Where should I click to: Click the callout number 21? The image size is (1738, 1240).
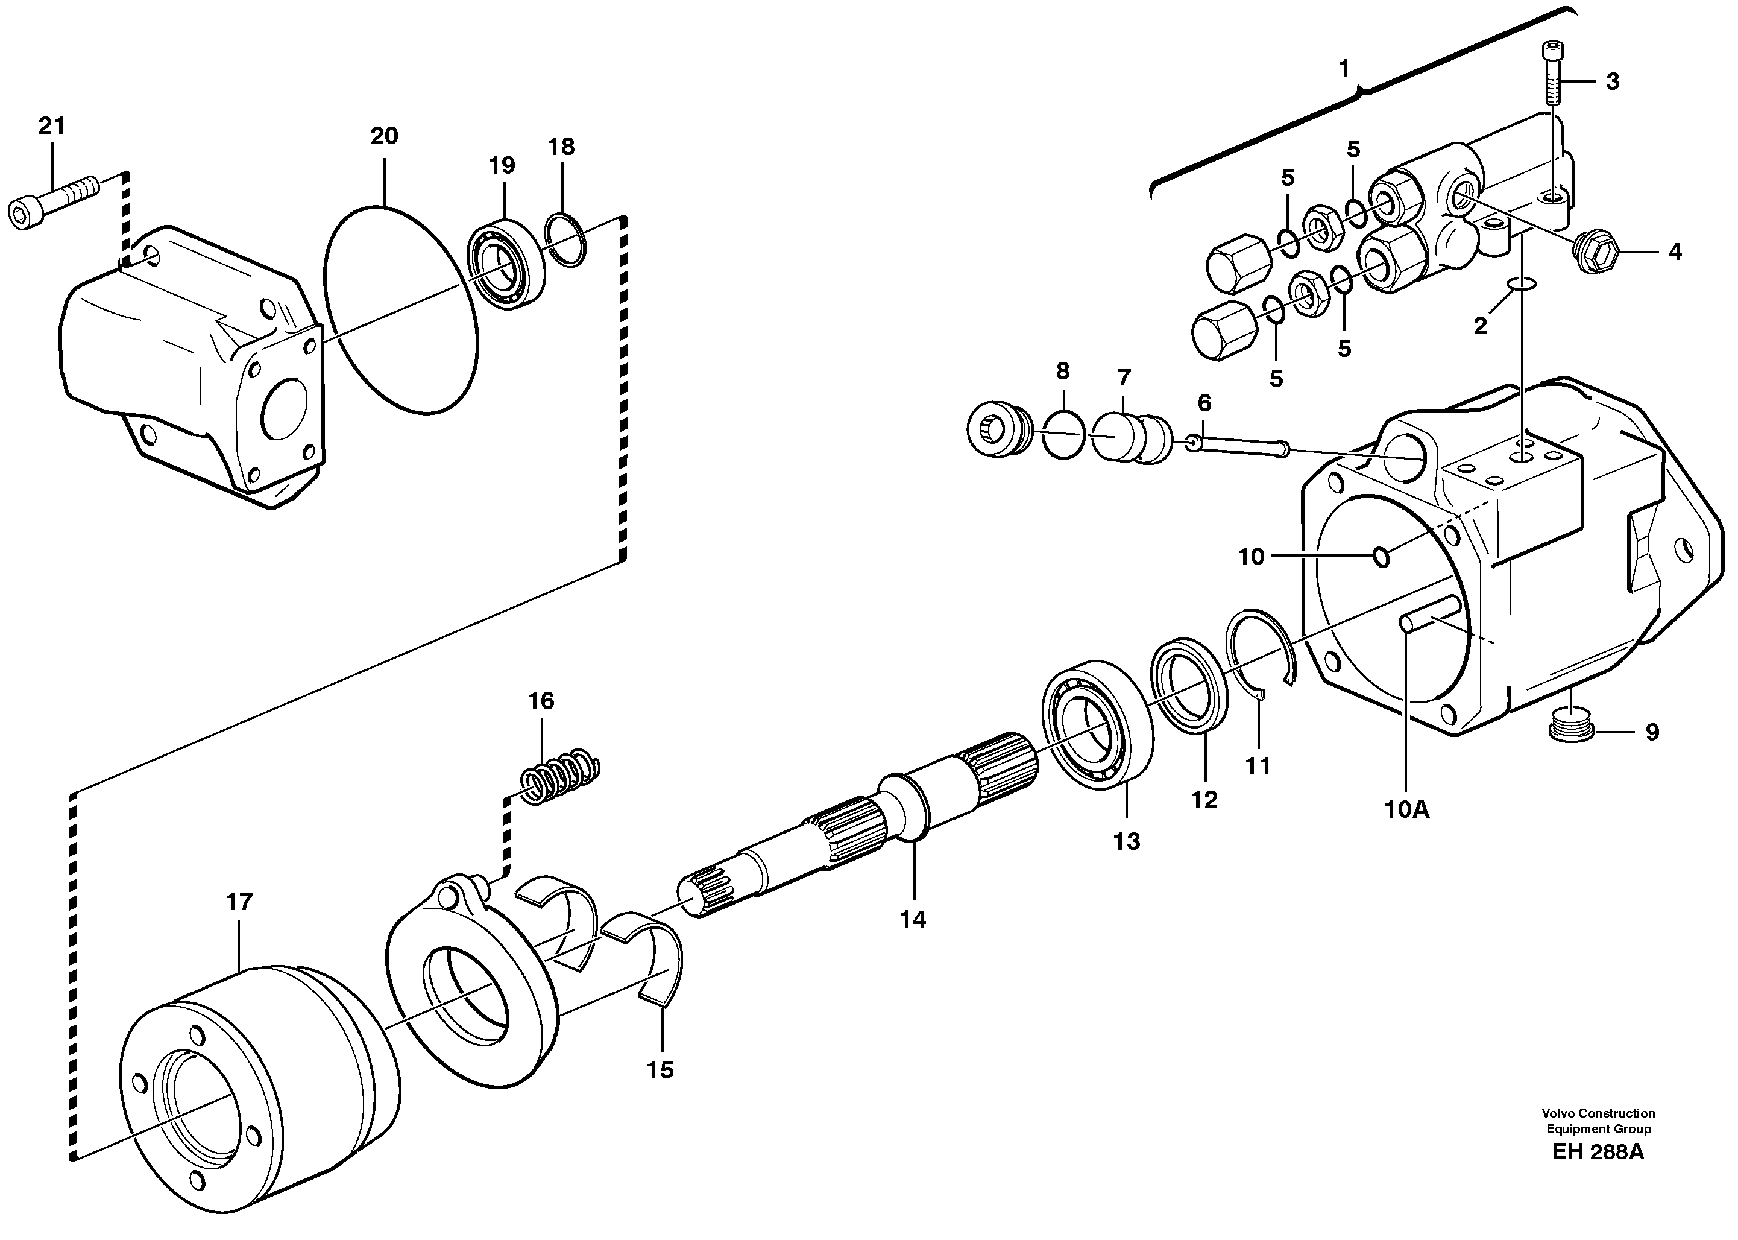click(x=51, y=126)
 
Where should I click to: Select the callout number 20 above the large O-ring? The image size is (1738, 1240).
click(x=384, y=137)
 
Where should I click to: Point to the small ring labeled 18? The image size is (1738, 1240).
click(x=566, y=241)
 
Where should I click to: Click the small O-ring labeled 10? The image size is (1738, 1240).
click(x=1381, y=557)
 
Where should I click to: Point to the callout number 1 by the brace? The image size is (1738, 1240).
click(x=1344, y=69)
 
